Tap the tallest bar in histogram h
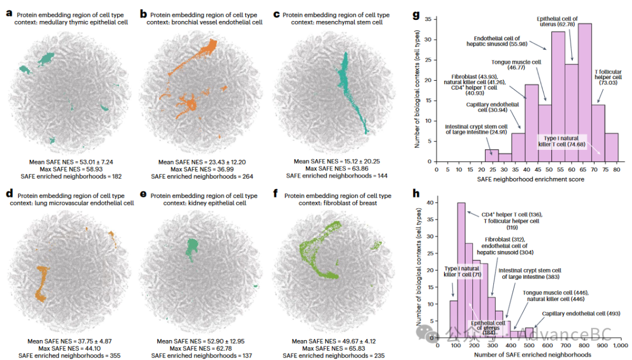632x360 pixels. point(461,269)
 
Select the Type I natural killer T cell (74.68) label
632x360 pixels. point(569,142)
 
